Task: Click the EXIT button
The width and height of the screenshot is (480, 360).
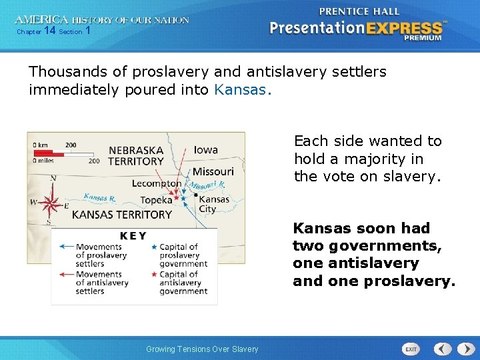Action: [x=411, y=349]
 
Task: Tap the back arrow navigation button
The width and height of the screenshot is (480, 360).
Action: [x=443, y=349]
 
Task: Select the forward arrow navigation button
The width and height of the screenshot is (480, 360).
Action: [x=466, y=349]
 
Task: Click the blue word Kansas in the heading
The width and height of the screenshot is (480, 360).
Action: [x=240, y=90]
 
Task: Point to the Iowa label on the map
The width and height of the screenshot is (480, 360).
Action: [x=206, y=150]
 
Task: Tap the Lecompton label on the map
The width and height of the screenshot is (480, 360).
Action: [x=157, y=183]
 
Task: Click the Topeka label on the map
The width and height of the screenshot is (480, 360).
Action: [x=156, y=200]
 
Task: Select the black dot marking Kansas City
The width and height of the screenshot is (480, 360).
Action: [x=196, y=195]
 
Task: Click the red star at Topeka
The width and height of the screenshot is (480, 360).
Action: [x=176, y=198]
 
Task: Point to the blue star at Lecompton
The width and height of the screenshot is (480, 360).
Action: [x=183, y=199]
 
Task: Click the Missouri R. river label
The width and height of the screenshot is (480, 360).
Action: [x=207, y=185]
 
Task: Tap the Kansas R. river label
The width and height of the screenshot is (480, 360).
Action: [x=100, y=197]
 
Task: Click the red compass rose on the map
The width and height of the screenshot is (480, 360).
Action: [x=51, y=203]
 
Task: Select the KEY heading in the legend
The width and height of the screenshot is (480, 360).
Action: [x=133, y=236]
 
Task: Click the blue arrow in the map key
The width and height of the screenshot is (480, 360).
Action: [x=67, y=246]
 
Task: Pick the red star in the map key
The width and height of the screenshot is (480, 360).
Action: [x=154, y=274]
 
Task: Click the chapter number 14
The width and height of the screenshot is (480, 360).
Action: [x=49, y=30]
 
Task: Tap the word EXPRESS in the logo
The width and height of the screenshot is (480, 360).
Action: [x=404, y=29]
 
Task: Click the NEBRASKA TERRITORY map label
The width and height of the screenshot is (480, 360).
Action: [x=136, y=156]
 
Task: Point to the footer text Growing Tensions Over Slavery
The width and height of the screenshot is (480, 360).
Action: [x=202, y=349]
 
